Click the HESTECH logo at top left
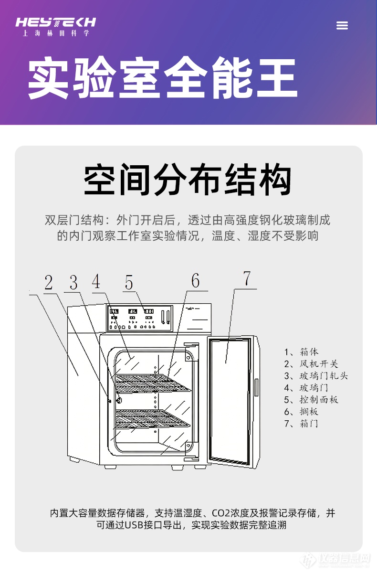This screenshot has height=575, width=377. [55, 26]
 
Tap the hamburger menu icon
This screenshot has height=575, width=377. [342, 26]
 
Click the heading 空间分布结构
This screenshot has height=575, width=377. [188, 180]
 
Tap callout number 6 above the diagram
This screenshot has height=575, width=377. [195, 281]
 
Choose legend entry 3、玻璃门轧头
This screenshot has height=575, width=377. [316, 376]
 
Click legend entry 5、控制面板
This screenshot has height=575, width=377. [311, 400]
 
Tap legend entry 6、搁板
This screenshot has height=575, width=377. [302, 412]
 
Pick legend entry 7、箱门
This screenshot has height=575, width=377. [302, 424]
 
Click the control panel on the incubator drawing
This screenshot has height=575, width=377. [138, 317]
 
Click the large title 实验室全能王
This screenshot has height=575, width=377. [162, 77]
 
